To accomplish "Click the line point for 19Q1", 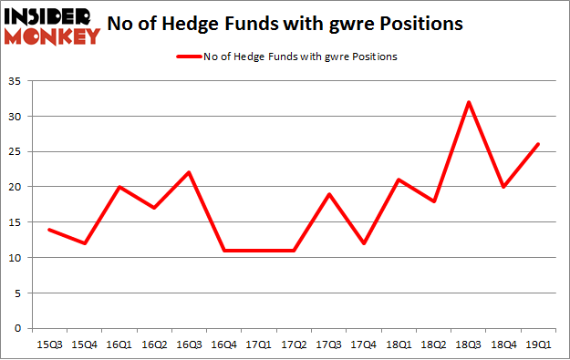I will tap(538, 144).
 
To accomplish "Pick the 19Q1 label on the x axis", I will tap(538, 344).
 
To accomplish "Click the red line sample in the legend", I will tap(190, 57).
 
